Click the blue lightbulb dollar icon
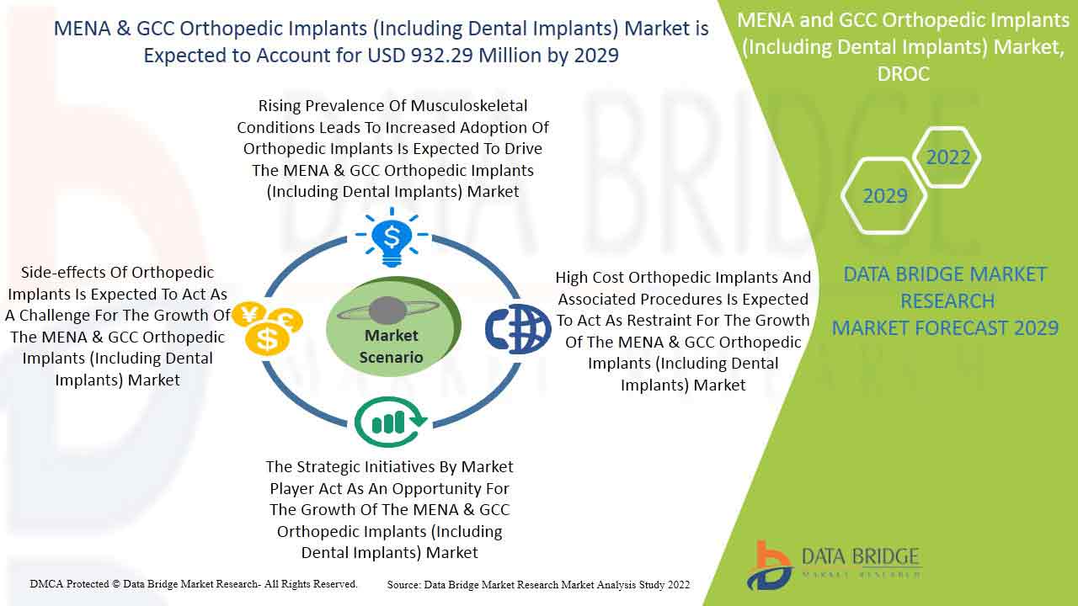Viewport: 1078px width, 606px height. [392, 237]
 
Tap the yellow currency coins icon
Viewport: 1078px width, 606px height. [267, 328]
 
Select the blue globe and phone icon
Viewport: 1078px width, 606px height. [518, 329]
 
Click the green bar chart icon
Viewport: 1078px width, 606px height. [391, 422]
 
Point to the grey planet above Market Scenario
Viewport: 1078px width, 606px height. [388, 311]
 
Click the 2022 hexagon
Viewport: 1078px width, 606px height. [947, 157]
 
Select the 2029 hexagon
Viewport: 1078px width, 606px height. [884, 196]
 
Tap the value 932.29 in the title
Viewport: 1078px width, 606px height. [442, 56]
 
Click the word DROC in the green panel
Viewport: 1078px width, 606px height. [904, 74]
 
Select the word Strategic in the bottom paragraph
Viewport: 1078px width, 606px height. [328, 467]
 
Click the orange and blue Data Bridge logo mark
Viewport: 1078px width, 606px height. [770, 566]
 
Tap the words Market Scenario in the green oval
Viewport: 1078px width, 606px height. [392, 346]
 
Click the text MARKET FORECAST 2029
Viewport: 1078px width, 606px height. [945, 328]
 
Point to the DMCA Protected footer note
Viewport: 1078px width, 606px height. [194, 584]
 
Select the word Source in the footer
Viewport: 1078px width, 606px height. [403, 585]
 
